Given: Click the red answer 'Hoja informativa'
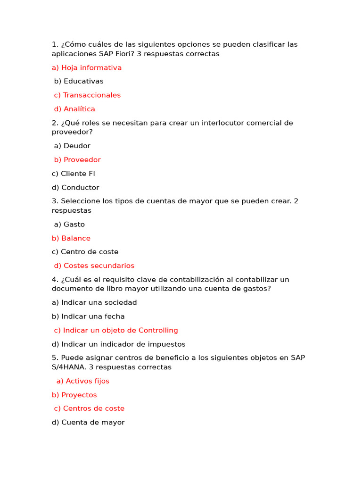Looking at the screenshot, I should pyautogui.click(x=87, y=67).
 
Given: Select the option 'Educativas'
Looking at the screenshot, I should pyautogui.click(x=79, y=81).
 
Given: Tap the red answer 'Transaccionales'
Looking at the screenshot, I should pyautogui.click(x=87, y=95).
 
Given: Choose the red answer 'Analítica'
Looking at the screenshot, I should pyautogui.click(x=74, y=109).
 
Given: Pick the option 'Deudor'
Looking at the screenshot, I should pyautogui.click(x=72, y=146).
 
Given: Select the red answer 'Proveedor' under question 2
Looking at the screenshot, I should pyautogui.click(x=77, y=160).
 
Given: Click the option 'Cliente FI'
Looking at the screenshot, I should pyautogui.click(x=74, y=174).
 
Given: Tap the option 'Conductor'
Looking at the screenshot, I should pyautogui.click(x=75, y=187).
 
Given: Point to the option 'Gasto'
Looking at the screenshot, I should pyautogui.click(x=69, y=225).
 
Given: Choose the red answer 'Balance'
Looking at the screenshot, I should pyautogui.click(x=71, y=238).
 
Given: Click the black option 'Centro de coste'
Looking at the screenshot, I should pyautogui.click(x=85, y=252).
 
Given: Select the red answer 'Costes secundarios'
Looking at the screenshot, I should pyautogui.click(x=94, y=266).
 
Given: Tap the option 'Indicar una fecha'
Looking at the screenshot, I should pyautogui.click(x=88, y=316).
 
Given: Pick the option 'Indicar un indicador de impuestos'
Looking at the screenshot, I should pyautogui.click(x=119, y=344).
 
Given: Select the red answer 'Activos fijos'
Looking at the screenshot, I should pyautogui.click(x=83, y=381).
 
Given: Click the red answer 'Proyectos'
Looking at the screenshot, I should pyautogui.click(x=74, y=395).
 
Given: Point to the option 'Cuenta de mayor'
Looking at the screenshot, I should pyautogui.click(x=88, y=422).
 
